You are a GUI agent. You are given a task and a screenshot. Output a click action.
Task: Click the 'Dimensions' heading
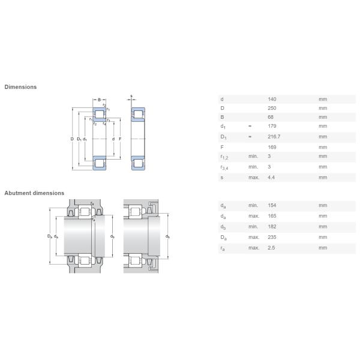(x=20, y=87)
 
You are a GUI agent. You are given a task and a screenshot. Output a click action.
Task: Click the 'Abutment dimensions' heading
(x=34, y=193)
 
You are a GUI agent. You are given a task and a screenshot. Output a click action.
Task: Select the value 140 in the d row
(x=272, y=99)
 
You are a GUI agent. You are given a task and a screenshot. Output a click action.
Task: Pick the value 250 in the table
(x=272, y=108)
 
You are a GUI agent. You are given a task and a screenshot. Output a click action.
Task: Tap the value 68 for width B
(x=270, y=117)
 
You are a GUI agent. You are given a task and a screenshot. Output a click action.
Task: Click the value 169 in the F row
(x=272, y=146)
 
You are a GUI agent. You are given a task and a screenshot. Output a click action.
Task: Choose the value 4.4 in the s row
(x=271, y=177)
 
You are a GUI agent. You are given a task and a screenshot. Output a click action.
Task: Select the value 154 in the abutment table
(x=272, y=205)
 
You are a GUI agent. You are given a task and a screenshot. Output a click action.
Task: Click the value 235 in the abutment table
(x=272, y=237)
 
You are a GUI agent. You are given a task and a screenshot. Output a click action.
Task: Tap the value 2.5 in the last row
(x=271, y=247)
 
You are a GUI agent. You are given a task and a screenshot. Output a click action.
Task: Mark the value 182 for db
(x=272, y=226)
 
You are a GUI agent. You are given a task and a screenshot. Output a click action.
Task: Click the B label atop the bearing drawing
(x=99, y=99)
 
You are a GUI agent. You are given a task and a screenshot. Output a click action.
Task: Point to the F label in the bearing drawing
(x=120, y=139)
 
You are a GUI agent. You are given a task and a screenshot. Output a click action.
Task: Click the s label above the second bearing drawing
(x=131, y=96)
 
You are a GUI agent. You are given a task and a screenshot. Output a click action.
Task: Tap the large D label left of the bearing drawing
(x=71, y=139)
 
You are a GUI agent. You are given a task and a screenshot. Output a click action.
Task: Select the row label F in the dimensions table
(x=222, y=146)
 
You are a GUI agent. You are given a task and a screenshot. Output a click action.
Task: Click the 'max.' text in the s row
(x=253, y=177)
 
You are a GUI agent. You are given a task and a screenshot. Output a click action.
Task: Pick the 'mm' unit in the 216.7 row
(x=323, y=137)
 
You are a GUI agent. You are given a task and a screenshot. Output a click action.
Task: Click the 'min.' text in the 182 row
(x=253, y=226)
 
